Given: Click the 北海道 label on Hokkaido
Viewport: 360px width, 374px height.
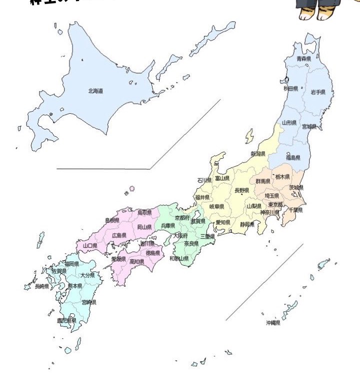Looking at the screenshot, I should point(95,91).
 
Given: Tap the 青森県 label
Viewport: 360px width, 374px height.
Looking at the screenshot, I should point(303,59).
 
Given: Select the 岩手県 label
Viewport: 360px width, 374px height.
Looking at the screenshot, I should point(318,92).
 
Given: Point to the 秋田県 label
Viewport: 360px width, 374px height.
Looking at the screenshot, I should point(291,89).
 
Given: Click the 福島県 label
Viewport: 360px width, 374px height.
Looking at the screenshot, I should point(293,158).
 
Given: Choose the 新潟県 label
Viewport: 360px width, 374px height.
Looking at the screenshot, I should point(258,154).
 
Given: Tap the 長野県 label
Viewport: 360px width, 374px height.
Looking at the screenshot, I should point(242,190).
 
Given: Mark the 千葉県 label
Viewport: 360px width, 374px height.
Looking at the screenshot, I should point(296,210).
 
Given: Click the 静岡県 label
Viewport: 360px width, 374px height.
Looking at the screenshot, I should point(247,224).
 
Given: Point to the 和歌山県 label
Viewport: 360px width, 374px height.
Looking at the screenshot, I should point(179,259).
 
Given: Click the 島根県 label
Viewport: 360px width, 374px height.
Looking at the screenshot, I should point(112,220).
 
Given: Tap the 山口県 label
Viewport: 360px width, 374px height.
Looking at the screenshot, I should point(89,246).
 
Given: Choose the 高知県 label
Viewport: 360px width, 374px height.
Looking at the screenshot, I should point(137,261).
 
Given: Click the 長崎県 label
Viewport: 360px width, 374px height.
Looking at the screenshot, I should point(41,287).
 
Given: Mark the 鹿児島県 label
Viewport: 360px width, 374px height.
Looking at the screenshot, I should point(66,320).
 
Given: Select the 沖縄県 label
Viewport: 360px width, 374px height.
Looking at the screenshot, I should point(273,323).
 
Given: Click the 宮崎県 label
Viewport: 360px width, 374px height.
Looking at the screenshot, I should point(89,302).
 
